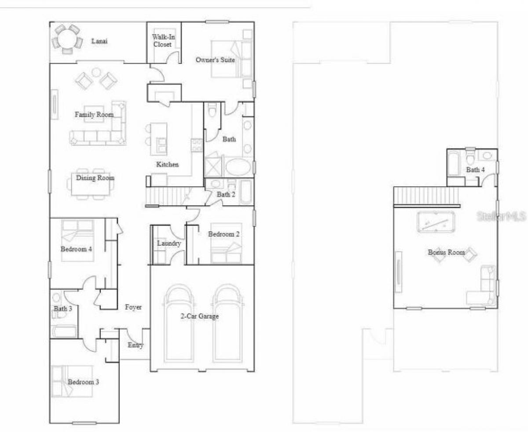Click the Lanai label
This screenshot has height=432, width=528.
coord(99,41)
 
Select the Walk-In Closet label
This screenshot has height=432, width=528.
coord(163,41)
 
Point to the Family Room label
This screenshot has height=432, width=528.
coord(94,114)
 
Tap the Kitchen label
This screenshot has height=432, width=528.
coord(168,164)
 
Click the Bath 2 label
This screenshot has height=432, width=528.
coord(226,194)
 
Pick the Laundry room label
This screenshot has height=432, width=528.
coord(169,243)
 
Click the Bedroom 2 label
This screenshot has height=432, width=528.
coord(224,234)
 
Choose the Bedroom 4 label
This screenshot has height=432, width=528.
coord(76,249)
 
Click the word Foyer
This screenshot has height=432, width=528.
coord(133,307)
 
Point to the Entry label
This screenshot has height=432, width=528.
coord(136,345)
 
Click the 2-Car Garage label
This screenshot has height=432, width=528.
coord(200,316)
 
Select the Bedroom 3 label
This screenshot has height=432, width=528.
coord(83,382)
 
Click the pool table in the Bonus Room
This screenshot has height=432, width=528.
coord(435,222)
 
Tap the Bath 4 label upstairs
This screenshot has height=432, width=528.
coord(476,170)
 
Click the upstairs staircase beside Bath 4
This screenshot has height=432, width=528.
coord(426,195)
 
